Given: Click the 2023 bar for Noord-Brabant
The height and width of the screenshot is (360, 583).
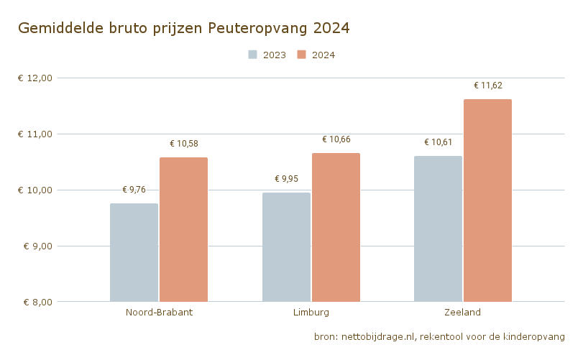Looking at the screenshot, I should [134, 252].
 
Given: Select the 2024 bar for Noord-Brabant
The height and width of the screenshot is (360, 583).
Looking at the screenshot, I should [183, 229].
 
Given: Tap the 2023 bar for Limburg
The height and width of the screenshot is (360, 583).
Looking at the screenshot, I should [286, 246].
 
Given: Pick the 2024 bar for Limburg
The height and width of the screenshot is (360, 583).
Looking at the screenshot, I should [336, 227].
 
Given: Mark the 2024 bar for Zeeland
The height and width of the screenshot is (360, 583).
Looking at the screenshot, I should [487, 200].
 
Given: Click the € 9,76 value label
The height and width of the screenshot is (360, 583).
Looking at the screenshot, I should [134, 190].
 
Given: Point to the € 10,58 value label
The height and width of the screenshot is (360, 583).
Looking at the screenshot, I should [184, 144].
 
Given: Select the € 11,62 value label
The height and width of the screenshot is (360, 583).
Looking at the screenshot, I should [488, 86].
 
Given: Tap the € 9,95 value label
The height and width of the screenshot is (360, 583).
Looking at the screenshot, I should [286, 179].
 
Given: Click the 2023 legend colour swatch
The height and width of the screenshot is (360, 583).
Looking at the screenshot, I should [252, 55].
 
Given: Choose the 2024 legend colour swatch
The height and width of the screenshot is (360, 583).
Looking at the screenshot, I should [302, 55].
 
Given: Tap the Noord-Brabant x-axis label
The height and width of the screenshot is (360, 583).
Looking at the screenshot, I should [159, 313].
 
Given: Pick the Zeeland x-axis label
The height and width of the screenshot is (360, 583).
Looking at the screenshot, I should [463, 313].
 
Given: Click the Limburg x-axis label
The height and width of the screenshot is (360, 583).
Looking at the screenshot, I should [311, 313].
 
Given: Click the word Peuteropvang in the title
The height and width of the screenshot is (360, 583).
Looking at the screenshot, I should [258, 29].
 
